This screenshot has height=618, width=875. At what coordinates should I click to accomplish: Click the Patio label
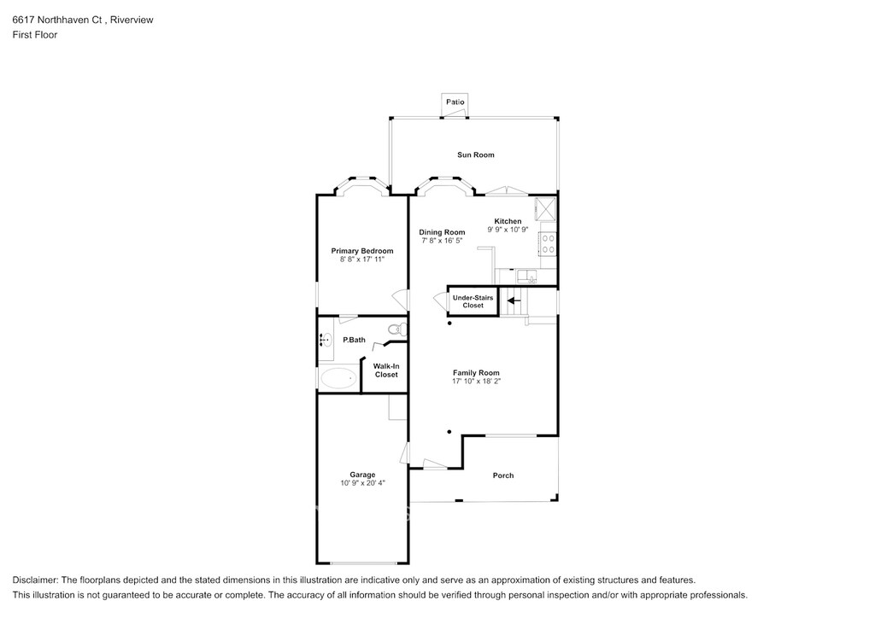[x=455, y=102]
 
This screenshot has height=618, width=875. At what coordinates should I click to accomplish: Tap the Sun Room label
[x=475, y=154]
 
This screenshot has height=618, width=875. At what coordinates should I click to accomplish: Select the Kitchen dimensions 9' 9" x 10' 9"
[x=508, y=229]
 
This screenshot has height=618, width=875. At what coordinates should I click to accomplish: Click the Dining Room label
[x=442, y=232]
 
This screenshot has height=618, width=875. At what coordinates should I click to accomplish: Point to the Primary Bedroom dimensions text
[x=362, y=259]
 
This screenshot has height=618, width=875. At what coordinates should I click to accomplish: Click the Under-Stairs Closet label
[x=473, y=301]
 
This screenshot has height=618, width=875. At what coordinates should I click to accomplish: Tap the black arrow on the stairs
[x=514, y=301]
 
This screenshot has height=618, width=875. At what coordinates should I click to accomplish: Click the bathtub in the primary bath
[x=338, y=378]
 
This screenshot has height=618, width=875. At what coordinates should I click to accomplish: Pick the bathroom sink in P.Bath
[x=326, y=340]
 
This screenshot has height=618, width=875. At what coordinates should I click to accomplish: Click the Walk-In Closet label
[x=386, y=370]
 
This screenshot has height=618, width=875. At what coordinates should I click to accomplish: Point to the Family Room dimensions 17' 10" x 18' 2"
[x=476, y=382]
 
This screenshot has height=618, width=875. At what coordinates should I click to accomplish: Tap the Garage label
[x=362, y=475]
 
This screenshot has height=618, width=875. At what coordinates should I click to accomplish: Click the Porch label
[x=502, y=475]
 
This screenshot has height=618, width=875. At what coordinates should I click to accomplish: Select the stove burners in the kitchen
[x=548, y=243]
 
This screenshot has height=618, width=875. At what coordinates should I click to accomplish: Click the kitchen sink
[x=526, y=276]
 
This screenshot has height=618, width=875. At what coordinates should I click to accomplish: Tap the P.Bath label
[x=354, y=340]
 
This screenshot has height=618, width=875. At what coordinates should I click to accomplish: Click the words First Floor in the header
[x=34, y=34]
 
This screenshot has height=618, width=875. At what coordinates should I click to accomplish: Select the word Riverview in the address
[x=132, y=20]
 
